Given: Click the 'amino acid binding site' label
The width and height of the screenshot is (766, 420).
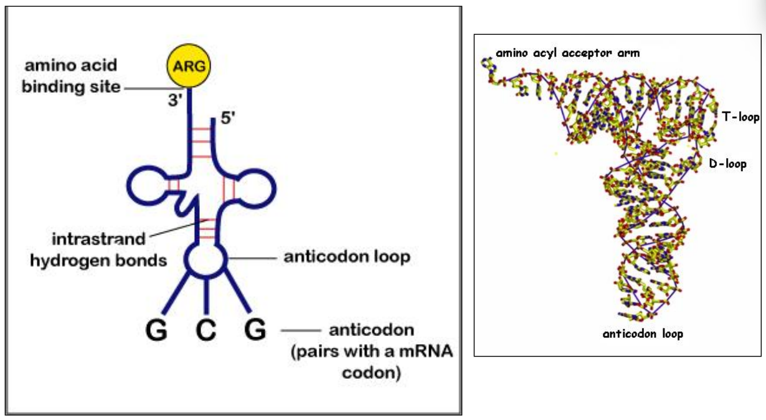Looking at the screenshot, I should pos(71,76).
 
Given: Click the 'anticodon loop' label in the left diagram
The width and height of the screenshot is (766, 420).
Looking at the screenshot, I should pos(347,256).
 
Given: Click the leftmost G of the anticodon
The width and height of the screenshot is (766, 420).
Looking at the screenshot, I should pos(157,330).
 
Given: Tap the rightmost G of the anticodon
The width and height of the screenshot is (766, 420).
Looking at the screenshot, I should pos(254,330).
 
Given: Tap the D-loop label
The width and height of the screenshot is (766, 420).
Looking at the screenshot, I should pos(727,165).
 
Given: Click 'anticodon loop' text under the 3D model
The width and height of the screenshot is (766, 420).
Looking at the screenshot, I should pos(643,334).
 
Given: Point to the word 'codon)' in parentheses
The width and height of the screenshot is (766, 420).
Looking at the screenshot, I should pos(371,374).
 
